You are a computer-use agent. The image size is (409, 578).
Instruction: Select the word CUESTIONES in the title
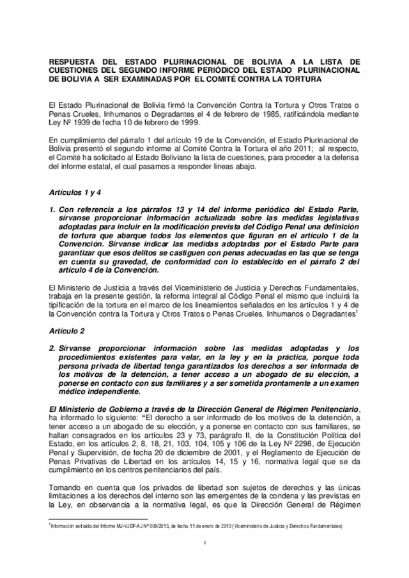tap(75, 71)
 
